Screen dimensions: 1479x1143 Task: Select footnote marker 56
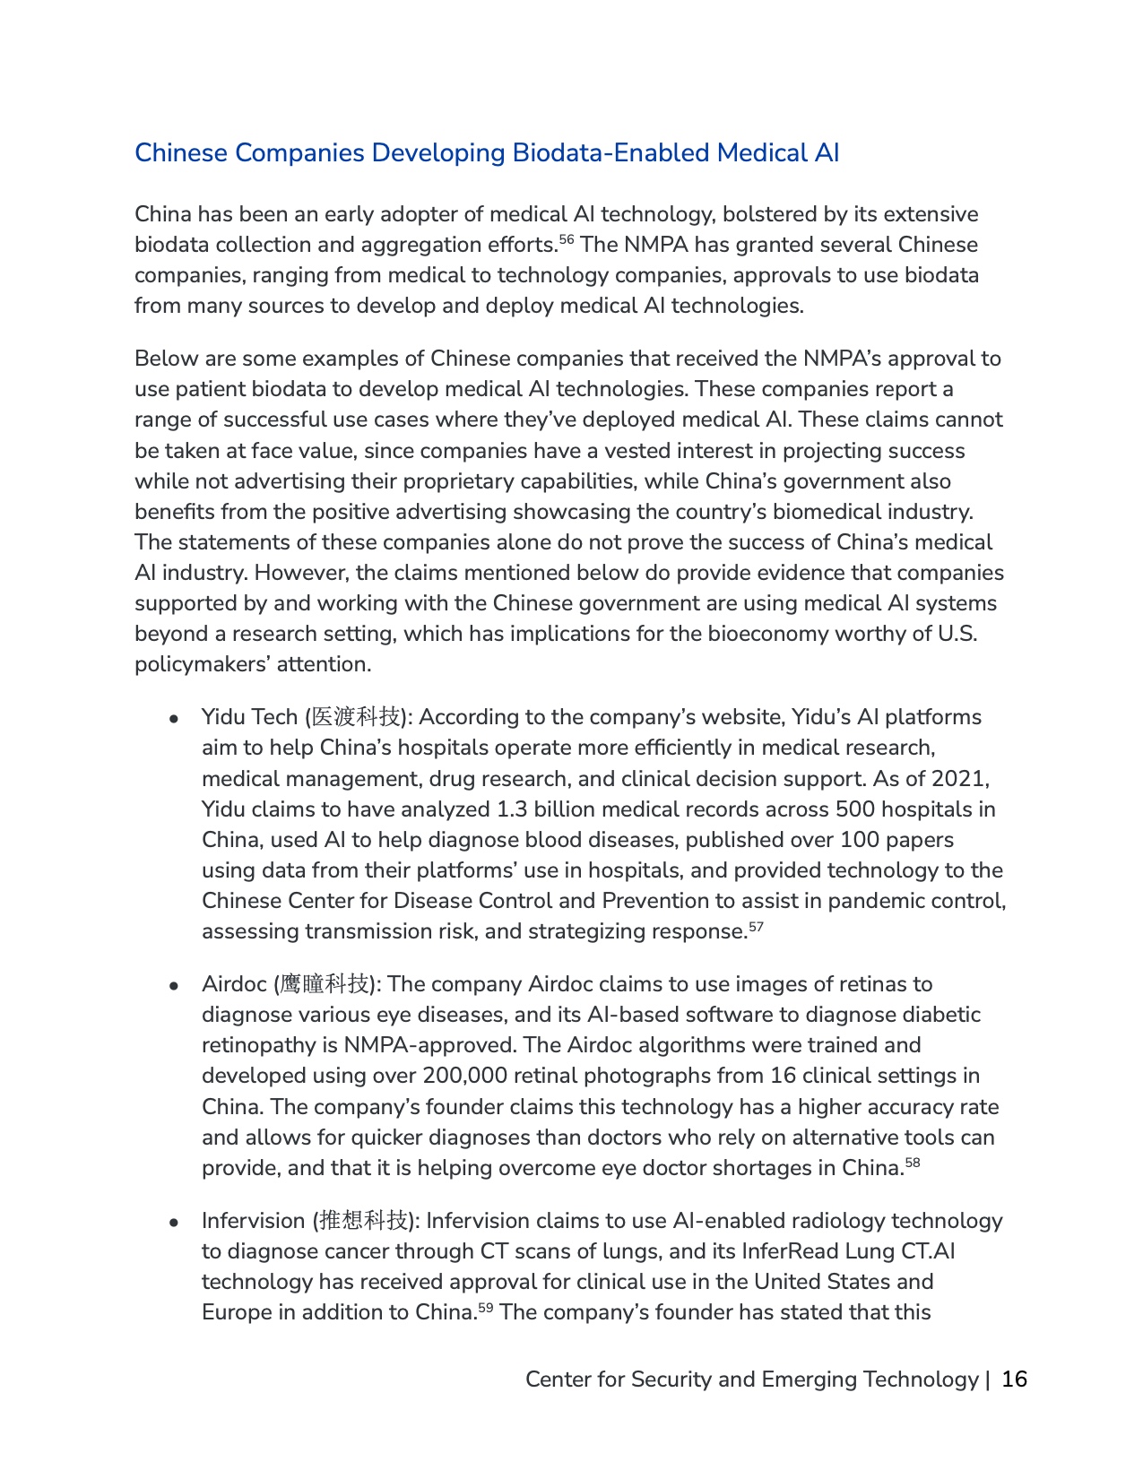point(567,239)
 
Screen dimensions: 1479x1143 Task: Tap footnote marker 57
point(756,926)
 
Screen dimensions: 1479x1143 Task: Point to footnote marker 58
point(913,1163)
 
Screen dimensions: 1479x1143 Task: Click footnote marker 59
point(485,1307)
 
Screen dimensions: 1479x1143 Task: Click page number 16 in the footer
point(1014,1379)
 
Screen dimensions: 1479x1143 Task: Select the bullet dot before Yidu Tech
point(176,719)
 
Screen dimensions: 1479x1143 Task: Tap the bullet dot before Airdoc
point(176,986)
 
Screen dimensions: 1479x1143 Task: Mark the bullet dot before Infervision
point(176,1223)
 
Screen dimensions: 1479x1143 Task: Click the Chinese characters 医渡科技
point(356,717)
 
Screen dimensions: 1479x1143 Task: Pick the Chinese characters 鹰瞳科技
point(325,984)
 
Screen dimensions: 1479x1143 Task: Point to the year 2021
point(960,778)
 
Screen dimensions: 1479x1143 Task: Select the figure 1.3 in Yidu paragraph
point(512,809)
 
